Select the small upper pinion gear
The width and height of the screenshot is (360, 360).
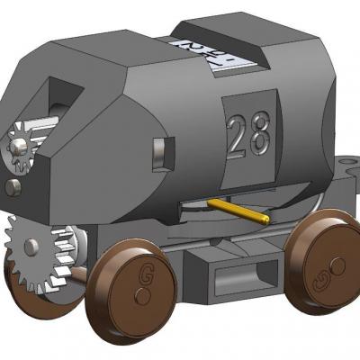pyautogui.click(x=20, y=144)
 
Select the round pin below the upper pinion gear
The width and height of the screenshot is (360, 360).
pyautogui.click(x=13, y=187)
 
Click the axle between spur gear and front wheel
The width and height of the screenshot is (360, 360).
pyautogui.click(x=81, y=270)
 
